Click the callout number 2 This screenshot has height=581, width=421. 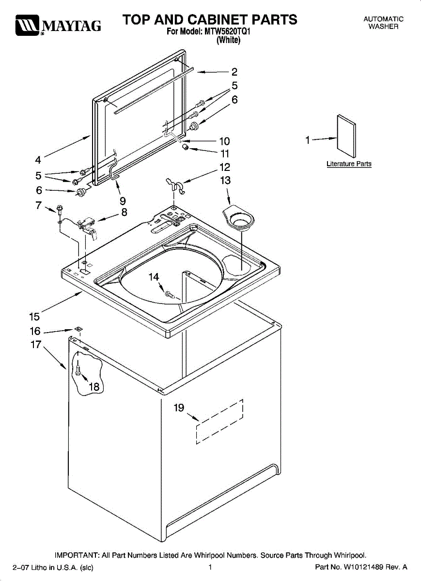pyautogui.click(x=234, y=72)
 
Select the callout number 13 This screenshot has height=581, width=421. pyautogui.click(x=225, y=181)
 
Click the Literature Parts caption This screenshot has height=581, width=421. pyautogui.click(x=349, y=164)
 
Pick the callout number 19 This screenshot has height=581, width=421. pyautogui.click(x=179, y=408)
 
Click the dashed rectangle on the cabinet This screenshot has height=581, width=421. pyautogui.click(x=219, y=421)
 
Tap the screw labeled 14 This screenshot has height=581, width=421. pyautogui.click(x=169, y=293)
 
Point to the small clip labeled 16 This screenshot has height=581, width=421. pyautogui.click(x=77, y=329)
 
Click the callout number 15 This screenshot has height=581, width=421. pyautogui.click(x=34, y=317)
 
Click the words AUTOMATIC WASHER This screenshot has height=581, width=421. pyautogui.click(x=383, y=23)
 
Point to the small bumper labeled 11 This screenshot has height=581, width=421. pyautogui.click(x=185, y=147)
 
